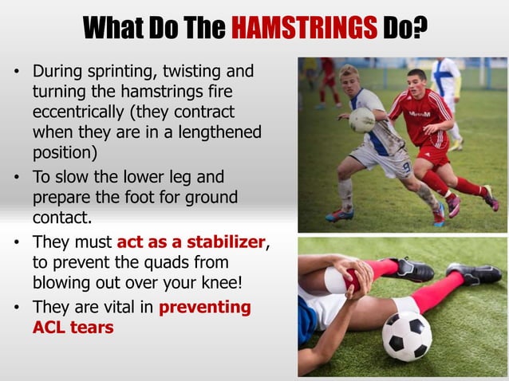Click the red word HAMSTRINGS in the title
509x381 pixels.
click(x=304, y=29)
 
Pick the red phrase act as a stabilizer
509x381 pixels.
click(x=191, y=242)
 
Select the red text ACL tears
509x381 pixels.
click(x=73, y=326)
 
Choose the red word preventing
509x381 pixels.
click(x=205, y=306)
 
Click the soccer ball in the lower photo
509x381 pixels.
click(x=406, y=334)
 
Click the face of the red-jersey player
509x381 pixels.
click(x=416, y=81)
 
